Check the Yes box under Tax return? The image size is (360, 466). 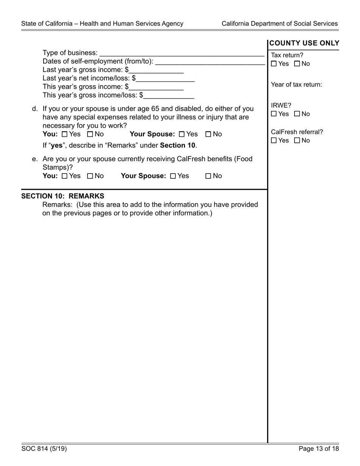coord(274,64)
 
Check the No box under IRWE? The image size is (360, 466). coord(297,114)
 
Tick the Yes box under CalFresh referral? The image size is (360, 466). coord(274,141)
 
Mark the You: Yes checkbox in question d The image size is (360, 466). coord(64,134)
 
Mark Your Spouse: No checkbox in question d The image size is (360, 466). coord(208,134)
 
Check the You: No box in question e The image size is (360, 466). coord(90,176)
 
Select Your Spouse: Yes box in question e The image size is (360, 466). coord(173,176)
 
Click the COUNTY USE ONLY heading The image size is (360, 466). coord(304,43)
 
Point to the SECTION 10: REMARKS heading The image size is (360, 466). coord(63,196)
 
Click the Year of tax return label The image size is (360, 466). coord(296,84)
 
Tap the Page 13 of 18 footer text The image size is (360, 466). coord(318,449)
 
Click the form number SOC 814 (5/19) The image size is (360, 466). coord(44,449)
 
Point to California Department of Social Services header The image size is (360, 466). coord(279,23)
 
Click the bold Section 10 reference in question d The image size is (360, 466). coord(177,145)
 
